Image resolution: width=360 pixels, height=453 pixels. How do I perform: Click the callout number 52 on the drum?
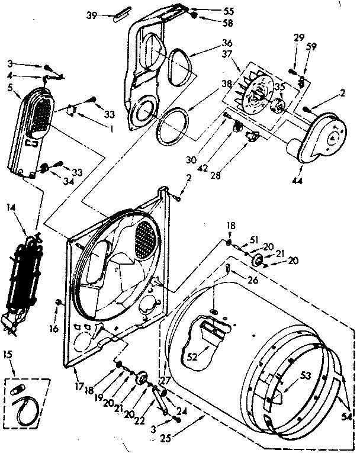click(x=192, y=357)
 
